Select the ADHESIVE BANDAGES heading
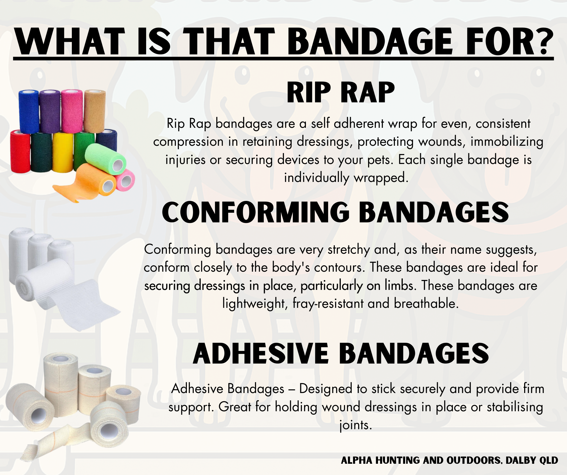tap(341, 354)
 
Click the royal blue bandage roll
tap(29, 112)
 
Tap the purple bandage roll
tap(50, 111)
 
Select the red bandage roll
tap(21, 151)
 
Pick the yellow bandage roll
tap(63, 152)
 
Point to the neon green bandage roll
tap(106, 157)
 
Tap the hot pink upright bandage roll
tap(72, 111)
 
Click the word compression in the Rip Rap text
tap(188, 142)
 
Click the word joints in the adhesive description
tap(355, 425)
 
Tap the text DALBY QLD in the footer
tap(532, 460)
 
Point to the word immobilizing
tap(507, 142)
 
